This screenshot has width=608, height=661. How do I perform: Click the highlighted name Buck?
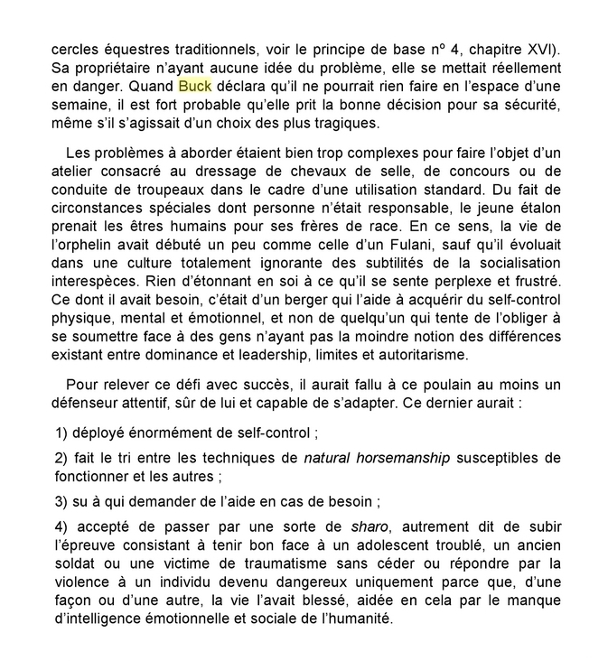194,87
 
